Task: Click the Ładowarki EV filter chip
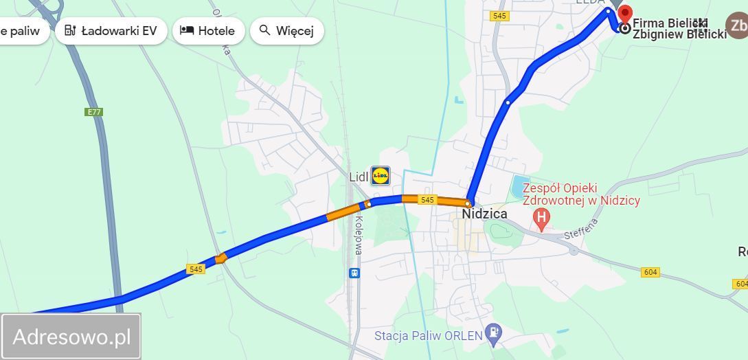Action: click(x=111, y=31)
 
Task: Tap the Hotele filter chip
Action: click(x=207, y=31)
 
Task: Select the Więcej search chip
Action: click(x=286, y=31)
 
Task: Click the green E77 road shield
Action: click(x=94, y=112)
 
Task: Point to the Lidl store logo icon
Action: click(x=380, y=176)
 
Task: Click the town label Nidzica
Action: click(x=485, y=214)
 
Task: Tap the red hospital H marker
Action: click(x=541, y=219)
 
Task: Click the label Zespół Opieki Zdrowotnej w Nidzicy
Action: click(x=581, y=194)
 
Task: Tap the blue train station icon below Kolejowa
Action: click(x=354, y=273)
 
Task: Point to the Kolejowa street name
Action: click(x=358, y=238)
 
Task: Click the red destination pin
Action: click(x=625, y=15)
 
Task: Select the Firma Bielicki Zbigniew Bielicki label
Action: click(x=679, y=29)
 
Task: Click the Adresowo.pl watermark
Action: click(x=71, y=337)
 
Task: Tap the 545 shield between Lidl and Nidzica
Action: click(x=427, y=200)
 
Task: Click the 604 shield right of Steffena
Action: click(x=650, y=272)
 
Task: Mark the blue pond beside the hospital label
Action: click(x=517, y=185)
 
